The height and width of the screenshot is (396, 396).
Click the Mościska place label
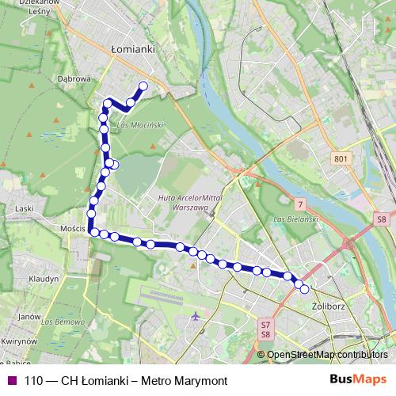click(x=73, y=229)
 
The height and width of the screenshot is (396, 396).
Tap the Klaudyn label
click(x=44, y=280)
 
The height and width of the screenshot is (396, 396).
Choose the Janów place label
click(x=29, y=316)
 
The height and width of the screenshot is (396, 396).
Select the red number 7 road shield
click(x=300, y=206)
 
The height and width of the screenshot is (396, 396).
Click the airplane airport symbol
click(x=196, y=318)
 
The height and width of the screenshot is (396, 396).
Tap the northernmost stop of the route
click(x=143, y=86)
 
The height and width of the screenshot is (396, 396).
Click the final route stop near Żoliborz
click(x=305, y=289)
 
